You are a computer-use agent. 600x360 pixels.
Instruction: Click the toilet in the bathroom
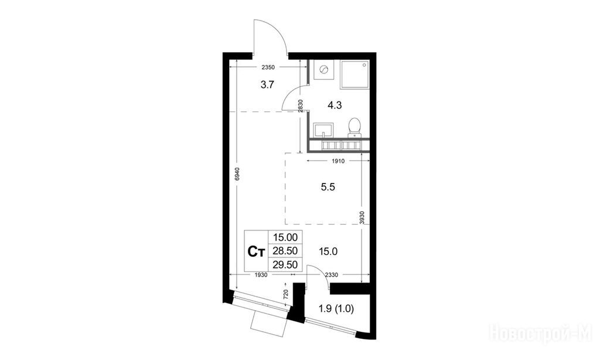[354, 127]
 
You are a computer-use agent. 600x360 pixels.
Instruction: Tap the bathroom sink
[323, 130]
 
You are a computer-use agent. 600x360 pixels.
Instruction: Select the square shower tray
[354, 75]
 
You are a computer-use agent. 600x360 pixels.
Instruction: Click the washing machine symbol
[323, 70]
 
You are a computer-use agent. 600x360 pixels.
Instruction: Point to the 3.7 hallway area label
[267, 84]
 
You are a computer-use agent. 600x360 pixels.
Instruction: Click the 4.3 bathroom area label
[335, 105]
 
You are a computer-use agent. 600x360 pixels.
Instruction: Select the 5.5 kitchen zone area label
[328, 187]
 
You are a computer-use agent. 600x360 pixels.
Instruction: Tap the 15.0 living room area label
[328, 252]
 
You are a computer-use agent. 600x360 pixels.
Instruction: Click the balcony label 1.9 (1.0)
[336, 308]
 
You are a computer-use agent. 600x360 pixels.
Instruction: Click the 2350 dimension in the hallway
[268, 67]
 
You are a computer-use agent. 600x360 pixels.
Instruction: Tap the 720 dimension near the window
[285, 294]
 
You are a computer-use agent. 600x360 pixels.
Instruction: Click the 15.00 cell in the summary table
[285, 237]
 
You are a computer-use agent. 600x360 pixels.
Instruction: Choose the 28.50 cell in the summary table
[285, 251]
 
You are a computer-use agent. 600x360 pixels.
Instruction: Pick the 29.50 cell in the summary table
[285, 264]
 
